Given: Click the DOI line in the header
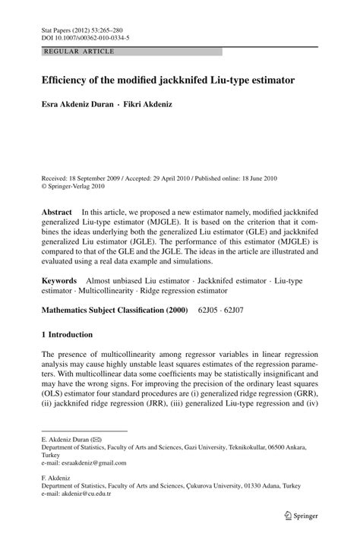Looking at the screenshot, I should tap(84, 36).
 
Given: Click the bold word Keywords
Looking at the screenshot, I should tap(59, 259).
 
